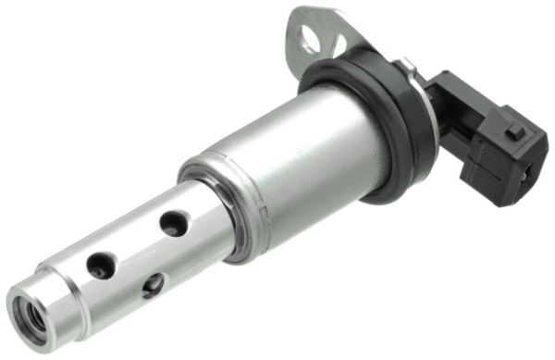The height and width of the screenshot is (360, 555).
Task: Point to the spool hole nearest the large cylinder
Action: [173, 222]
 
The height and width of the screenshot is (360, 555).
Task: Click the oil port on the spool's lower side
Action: [152, 283]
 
